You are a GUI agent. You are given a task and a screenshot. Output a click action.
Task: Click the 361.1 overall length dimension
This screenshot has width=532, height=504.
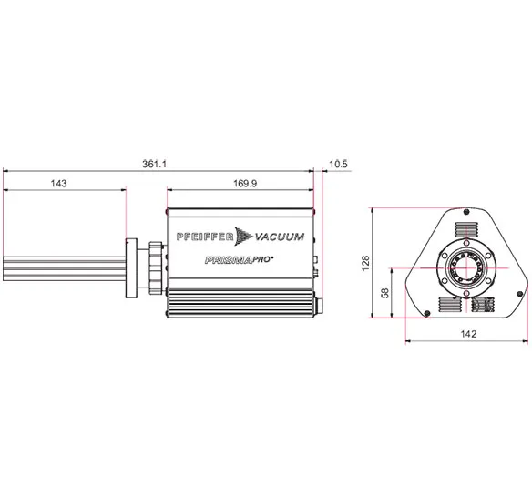click(x=154, y=165)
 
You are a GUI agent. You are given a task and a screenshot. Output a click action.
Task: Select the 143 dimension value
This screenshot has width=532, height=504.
click(x=58, y=184)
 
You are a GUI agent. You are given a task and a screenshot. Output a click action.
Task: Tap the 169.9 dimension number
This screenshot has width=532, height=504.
click(x=245, y=184)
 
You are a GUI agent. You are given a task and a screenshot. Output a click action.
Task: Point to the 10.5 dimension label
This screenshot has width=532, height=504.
click(x=338, y=164)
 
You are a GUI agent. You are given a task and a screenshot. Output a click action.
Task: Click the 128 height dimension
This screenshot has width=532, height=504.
click(x=365, y=263)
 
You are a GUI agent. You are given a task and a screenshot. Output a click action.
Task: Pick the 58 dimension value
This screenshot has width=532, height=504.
click(x=385, y=293)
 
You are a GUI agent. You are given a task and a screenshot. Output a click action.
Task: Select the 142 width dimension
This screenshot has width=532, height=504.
click(x=468, y=334)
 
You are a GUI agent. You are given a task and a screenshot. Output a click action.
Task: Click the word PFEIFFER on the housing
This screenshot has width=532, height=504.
click(x=205, y=237)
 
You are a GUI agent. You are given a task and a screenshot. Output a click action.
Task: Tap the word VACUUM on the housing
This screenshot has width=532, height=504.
click(x=280, y=237)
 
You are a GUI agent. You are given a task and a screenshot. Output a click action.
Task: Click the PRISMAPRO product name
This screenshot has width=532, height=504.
click(x=240, y=260)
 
